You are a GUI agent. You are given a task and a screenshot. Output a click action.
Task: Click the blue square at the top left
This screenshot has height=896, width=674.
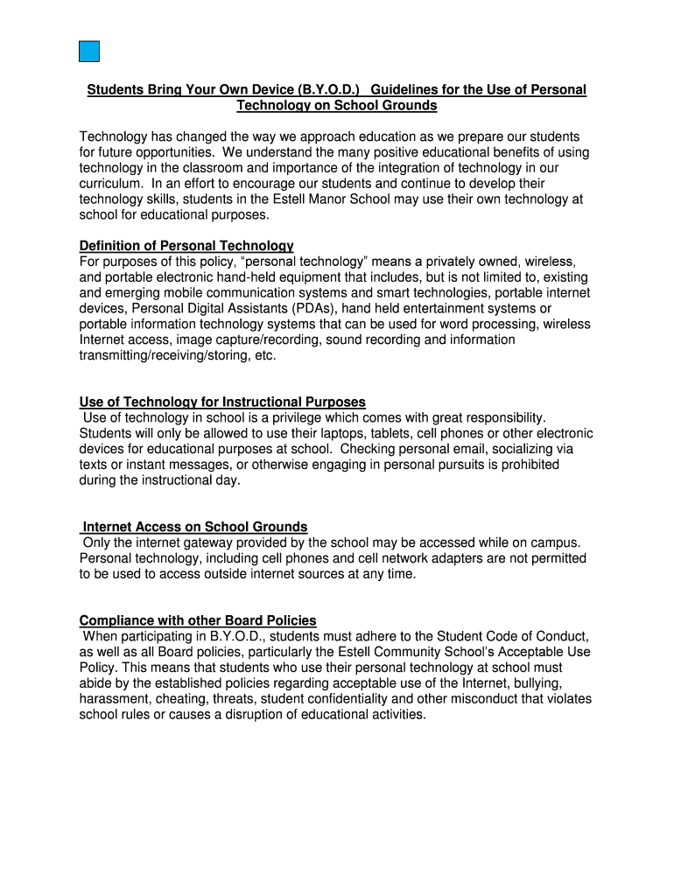pyautogui.click(x=88, y=52)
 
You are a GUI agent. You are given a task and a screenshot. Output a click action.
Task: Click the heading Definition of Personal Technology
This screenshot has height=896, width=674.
pyautogui.click(x=186, y=246)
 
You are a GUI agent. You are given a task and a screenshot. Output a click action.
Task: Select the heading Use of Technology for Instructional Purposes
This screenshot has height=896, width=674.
pyautogui.click(x=222, y=402)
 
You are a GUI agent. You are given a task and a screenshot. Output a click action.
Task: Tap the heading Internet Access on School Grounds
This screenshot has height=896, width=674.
pyautogui.click(x=194, y=527)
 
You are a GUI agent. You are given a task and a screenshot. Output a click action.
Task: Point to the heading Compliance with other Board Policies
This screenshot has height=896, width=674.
pyautogui.click(x=198, y=620)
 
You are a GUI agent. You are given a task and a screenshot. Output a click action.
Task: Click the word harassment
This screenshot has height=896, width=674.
pyautogui.click(x=114, y=698)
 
